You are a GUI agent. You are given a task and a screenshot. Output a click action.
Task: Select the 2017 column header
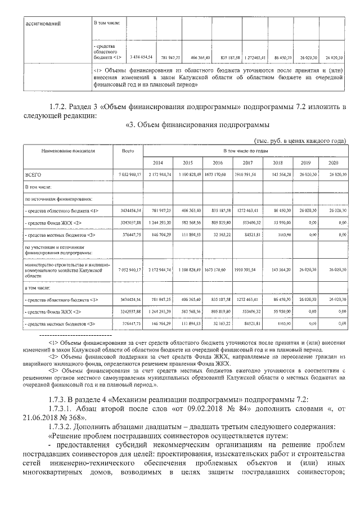coord(247,163)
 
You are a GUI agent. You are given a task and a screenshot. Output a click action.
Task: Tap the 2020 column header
coord(334,163)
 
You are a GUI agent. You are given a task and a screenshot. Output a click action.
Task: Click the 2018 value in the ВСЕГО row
coord(280,175)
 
